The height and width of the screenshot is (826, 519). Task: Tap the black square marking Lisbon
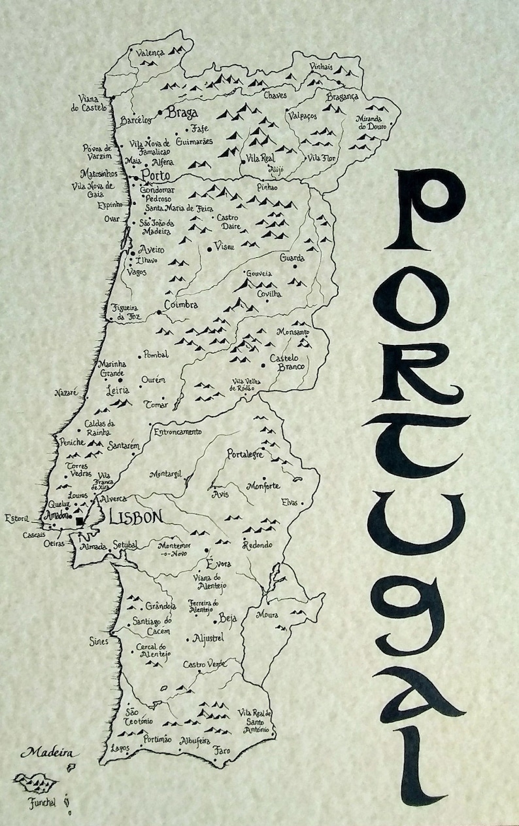pyautogui.click(x=80, y=520)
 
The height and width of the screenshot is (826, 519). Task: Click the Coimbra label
pyautogui.click(x=181, y=305)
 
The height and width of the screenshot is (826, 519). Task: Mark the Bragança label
pyautogui.click(x=343, y=97)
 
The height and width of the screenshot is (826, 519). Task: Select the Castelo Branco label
pyautogui.click(x=288, y=363)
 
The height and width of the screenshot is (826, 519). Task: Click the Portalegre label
pyautogui.click(x=244, y=454)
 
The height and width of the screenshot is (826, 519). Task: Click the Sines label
pyautogui.click(x=99, y=642)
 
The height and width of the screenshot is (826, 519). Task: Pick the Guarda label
pyautogui.click(x=292, y=258)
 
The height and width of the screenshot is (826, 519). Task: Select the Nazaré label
pyautogui.click(x=67, y=393)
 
